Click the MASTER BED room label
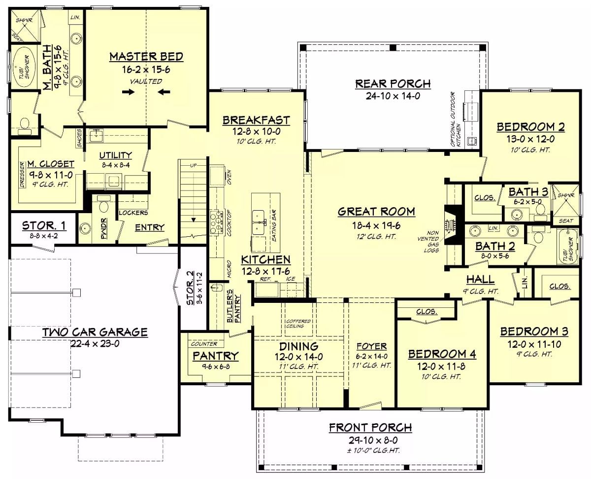[x=146, y=57]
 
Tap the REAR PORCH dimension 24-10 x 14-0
[x=393, y=96]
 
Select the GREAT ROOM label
[x=376, y=212]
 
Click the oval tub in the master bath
[x=23, y=68]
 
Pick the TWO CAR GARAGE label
[x=95, y=332]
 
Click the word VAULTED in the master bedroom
[x=146, y=81]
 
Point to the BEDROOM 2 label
[x=530, y=127]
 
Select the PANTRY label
[x=215, y=356]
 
